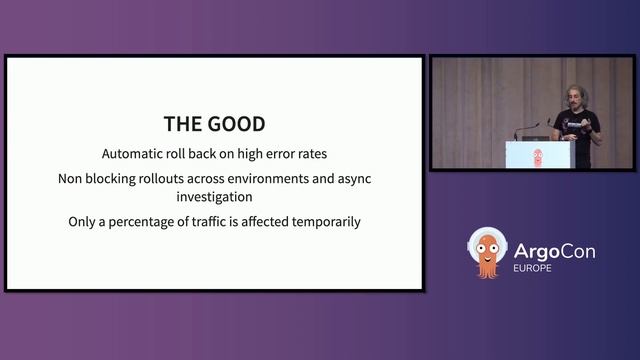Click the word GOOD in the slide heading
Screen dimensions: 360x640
point(237,125)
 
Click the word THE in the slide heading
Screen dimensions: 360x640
point(184,125)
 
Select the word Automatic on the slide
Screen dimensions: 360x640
point(136,155)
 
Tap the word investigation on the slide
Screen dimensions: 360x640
point(215,197)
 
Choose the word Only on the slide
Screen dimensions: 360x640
point(86,221)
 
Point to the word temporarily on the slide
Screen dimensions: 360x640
point(325,221)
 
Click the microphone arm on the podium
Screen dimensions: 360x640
point(529,130)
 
